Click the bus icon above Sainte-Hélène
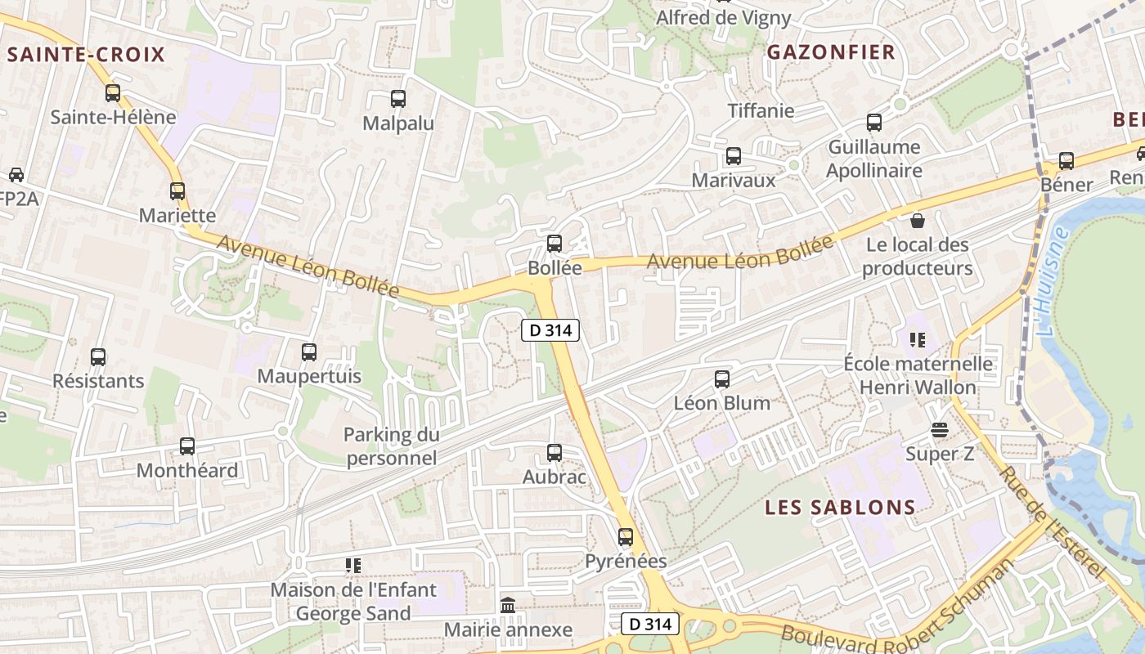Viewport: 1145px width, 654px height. [113, 93]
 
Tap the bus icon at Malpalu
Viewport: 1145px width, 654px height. [398, 99]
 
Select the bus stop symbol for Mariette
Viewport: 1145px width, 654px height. [177, 191]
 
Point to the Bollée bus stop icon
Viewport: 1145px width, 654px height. [555, 243]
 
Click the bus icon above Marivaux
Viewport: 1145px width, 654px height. [734, 156]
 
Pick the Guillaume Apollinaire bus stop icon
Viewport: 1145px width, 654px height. [874, 123]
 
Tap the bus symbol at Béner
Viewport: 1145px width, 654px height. [1066, 161]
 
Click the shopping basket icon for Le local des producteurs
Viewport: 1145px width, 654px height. [918, 221]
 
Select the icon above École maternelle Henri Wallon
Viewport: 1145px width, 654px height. [918, 339]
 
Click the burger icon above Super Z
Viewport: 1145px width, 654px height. [940, 430]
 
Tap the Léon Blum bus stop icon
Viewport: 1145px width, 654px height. [722, 379]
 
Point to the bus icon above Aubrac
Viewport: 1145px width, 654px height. [555, 453]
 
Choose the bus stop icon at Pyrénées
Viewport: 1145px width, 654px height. [626, 537]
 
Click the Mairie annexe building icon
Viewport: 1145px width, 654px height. [508, 606]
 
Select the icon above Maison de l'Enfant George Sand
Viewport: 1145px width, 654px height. [353, 565]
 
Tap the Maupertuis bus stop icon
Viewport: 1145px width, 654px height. [309, 352]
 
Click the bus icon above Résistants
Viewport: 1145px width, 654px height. [98, 357]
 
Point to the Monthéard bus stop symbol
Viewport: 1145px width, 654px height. [187, 446]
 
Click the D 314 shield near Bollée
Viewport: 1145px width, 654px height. [550, 330]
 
